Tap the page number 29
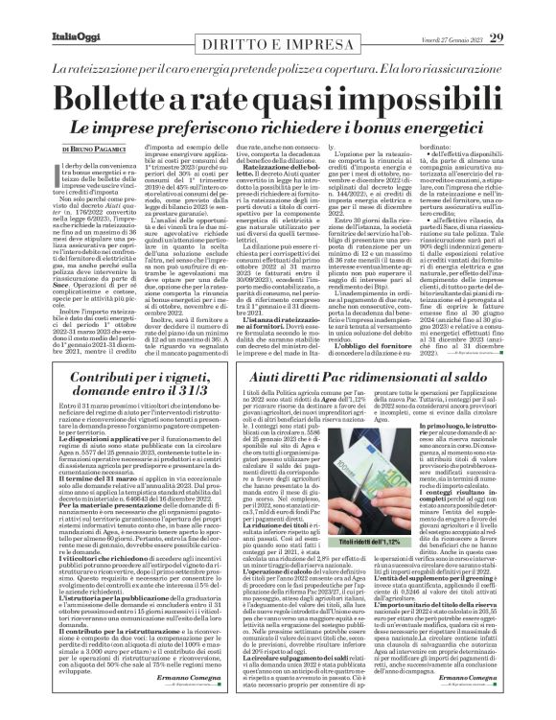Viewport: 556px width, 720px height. point(522,12)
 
